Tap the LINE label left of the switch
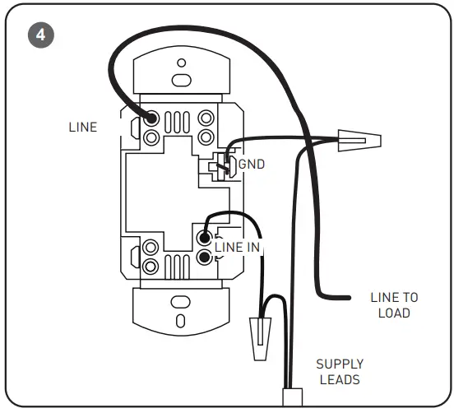click(x=83, y=128)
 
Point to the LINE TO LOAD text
click(x=394, y=304)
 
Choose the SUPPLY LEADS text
click(x=340, y=371)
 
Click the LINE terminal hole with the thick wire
click(x=152, y=118)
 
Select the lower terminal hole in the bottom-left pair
click(x=151, y=267)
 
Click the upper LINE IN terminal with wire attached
click(x=205, y=239)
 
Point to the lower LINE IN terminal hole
click(x=205, y=258)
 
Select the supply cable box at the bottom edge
click(x=293, y=397)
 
